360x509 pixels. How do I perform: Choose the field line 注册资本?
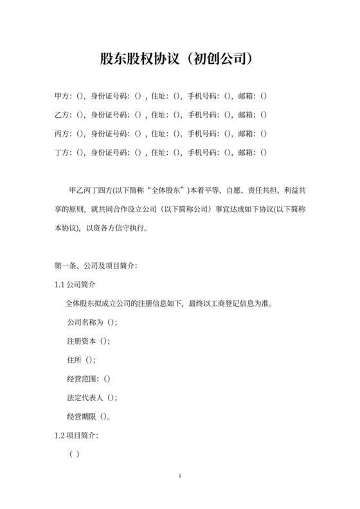[88, 341]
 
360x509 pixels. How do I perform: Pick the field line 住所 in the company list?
[81, 360]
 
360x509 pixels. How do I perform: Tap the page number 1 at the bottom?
[180, 476]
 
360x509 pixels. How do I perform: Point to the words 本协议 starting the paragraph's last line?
[65, 228]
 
